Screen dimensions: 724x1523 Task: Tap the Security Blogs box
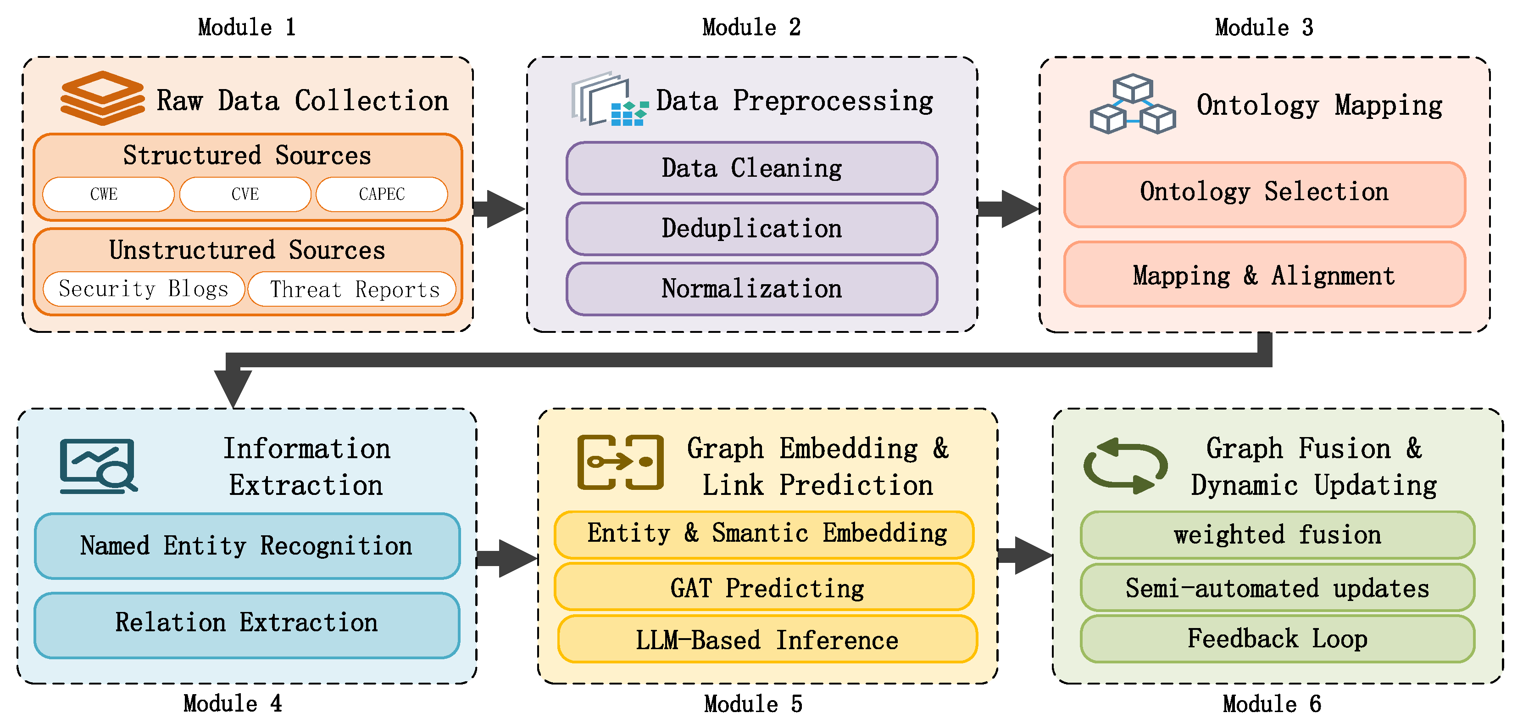144,289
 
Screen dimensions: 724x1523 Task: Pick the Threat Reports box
353,289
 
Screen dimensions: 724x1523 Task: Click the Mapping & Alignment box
1264,275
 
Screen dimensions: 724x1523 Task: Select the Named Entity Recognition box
246,545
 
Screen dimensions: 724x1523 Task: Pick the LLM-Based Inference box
767,640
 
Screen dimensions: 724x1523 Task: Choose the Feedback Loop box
1277,638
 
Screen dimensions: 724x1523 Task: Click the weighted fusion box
1277,535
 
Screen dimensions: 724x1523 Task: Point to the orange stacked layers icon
102,98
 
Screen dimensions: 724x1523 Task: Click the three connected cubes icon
1132,105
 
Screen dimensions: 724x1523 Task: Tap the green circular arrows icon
1124,466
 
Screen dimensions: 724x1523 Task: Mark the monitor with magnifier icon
98,466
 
